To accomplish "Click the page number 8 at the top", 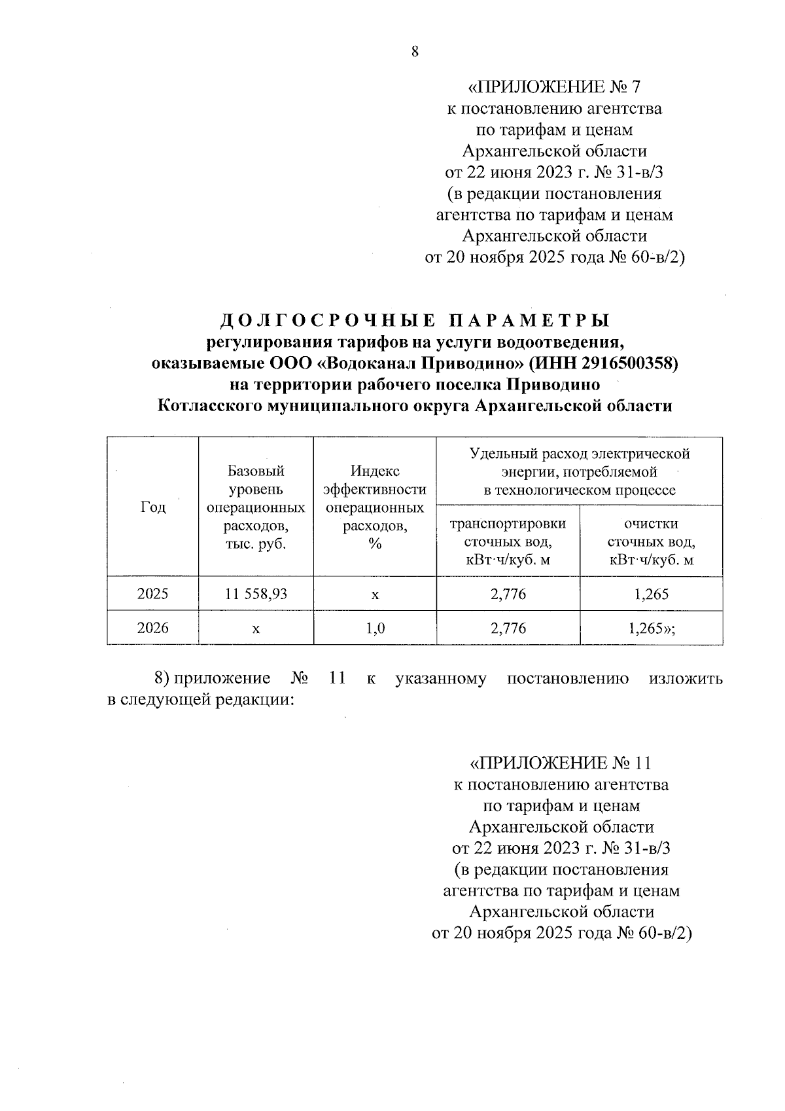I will tap(415, 53).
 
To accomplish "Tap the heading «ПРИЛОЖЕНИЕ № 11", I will tap(561, 763).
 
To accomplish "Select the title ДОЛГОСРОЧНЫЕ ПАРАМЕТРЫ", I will tap(415, 320).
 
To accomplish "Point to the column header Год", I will tap(153, 507).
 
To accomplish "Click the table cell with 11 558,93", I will tap(256, 594).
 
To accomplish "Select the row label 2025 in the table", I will tap(153, 594).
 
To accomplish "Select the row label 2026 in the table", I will tap(153, 628).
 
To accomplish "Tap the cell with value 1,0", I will tap(375, 628).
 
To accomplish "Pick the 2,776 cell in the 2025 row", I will tap(508, 594).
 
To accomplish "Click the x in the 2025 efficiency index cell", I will tap(375, 594).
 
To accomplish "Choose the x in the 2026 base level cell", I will tap(256, 629).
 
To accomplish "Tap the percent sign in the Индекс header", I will tap(375, 544).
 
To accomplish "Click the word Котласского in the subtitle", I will tap(209, 406).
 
